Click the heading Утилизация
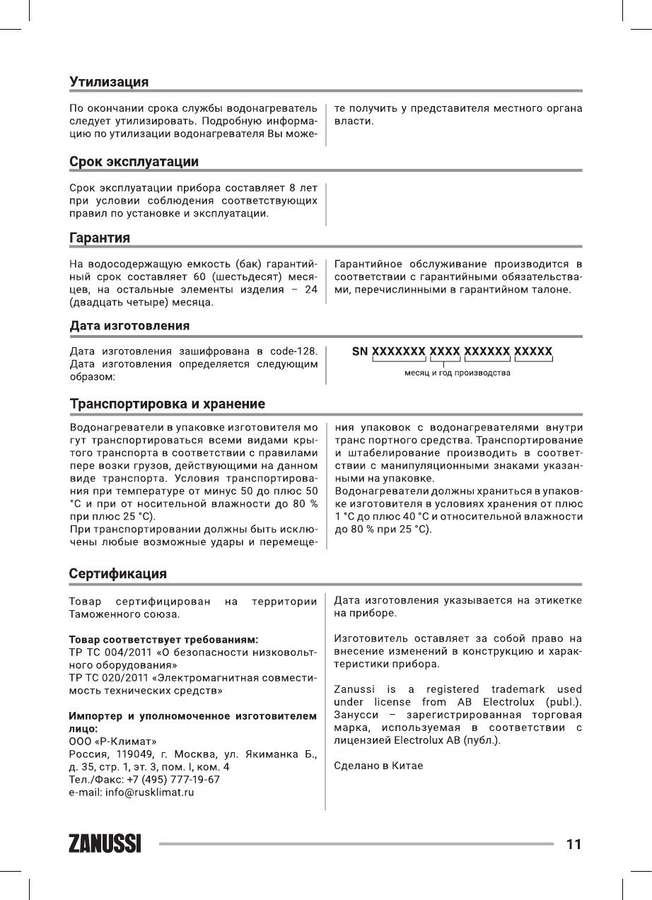pos(108,82)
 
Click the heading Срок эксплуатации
pos(133,162)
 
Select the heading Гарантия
pos(99,238)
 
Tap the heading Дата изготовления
pos(129,326)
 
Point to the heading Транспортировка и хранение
pos(167,404)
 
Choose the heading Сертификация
pos(117,573)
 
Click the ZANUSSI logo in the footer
pos(105,844)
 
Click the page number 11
pos(574,844)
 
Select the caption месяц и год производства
pos(457,373)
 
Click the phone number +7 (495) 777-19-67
pos(169,780)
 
